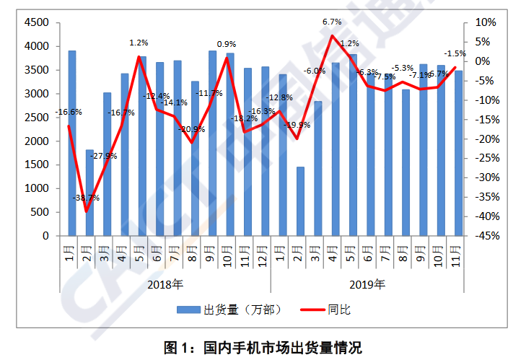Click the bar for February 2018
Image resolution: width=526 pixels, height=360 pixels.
pos(89,193)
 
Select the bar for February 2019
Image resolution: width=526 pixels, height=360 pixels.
pos(300,201)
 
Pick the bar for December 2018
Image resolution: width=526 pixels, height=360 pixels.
pos(265,151)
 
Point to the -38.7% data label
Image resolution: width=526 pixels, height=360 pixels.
pos(86,198)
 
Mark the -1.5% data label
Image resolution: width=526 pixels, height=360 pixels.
pos(455,53)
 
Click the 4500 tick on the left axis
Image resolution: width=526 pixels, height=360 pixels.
pos(38,22)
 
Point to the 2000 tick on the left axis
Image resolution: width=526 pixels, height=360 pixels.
pos(38,141)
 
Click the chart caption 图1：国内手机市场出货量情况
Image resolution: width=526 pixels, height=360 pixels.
pos(263,347)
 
